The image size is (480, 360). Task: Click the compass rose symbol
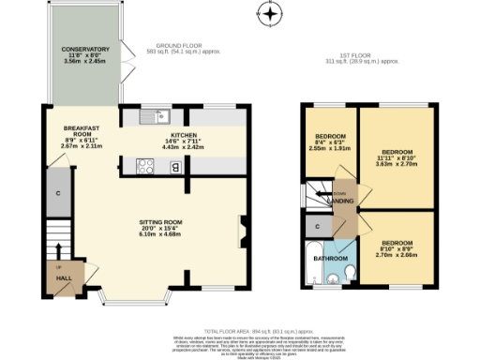pyautogui.click(x=271, y=13)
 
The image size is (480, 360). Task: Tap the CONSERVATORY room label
pyautogui.click(x=85, y=49)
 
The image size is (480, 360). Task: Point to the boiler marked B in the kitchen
pyautogui.click(x=175, y=167)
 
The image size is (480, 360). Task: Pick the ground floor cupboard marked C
pyautogui.click(x=58, y=193)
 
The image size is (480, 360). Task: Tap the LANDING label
pyautogui.click(x=338, y=201)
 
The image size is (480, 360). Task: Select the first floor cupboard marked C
pyautogui.click(x=319, y=226)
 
